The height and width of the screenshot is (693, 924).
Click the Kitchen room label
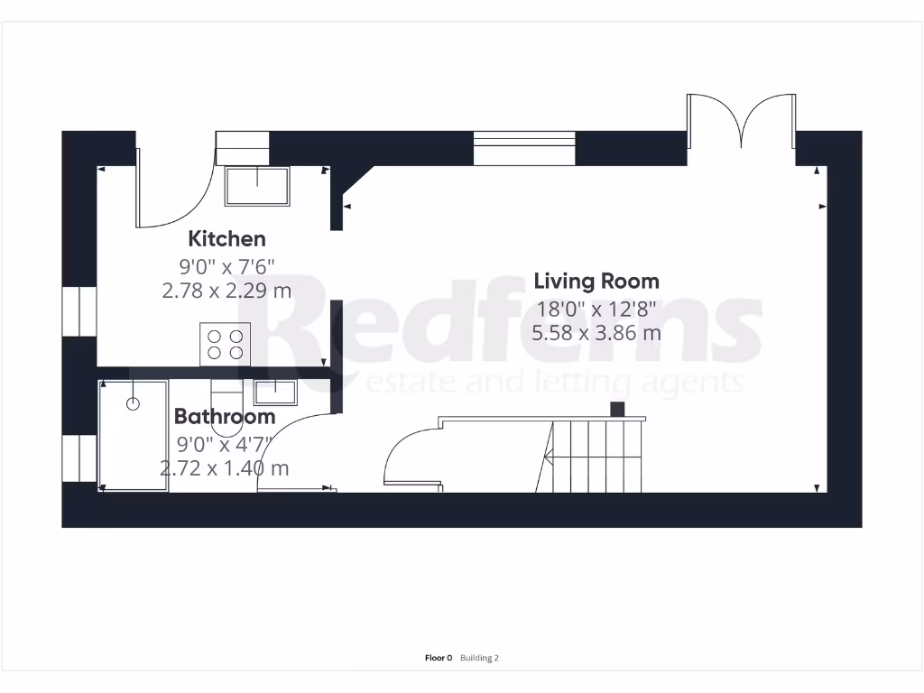coord(226,239)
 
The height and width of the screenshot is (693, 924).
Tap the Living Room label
coord(596,281)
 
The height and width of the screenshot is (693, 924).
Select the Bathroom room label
coord(225,417)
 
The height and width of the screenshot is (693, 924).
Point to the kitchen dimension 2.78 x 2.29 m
coord(226,291)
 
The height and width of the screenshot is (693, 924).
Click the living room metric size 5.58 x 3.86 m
coord(596,332)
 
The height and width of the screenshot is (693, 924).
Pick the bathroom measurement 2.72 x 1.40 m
coord(225,468)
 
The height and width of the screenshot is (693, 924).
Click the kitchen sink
coord(257,186)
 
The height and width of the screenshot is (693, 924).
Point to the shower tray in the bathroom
coord(134,436)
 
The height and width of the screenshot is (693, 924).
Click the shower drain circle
coord(134,404)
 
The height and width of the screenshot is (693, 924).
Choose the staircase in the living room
coord(591,456)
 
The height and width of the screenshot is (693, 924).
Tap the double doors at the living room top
coord(741,122)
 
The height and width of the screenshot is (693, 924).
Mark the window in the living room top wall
coord(524,148)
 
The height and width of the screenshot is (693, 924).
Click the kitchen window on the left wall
coord(79,311)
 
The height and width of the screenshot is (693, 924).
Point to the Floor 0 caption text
coord(438,659)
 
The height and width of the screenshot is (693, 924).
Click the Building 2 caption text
coord(479,659)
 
